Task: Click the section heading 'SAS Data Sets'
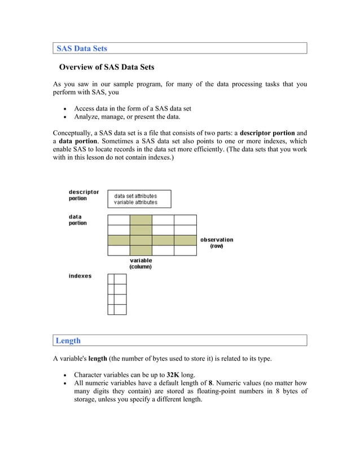[82, 49]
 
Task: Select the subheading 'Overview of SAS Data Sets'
[107, 67]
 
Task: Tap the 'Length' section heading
[68, 340]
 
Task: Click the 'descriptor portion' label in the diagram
[84, 195]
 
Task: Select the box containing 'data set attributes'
[139, 199]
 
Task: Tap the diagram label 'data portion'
[78, 220]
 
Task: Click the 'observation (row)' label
[217, 243]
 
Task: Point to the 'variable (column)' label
[141, 263]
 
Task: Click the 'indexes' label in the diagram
[80, 276]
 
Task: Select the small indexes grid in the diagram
[117, 294]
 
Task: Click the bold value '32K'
[173, 375]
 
